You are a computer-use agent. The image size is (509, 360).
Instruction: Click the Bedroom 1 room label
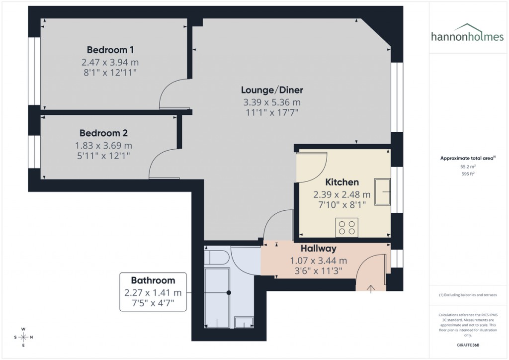[110, 50]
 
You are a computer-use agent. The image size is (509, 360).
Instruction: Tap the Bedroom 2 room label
[103, 133]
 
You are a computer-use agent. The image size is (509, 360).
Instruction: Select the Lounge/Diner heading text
[272, 90]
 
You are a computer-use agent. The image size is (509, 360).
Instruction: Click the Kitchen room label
[341, 182]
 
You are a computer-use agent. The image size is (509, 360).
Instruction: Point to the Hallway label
[318, 248]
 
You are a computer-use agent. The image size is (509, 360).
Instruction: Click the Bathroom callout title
[153, 280]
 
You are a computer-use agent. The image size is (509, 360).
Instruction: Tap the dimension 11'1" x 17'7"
[272, 113]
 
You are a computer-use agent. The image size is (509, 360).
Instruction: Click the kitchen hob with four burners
[346, 227]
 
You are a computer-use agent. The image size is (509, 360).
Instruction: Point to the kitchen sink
[383, 191]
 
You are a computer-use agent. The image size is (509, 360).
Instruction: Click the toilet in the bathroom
[216, 258]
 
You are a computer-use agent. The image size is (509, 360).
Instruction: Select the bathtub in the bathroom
[217, 297]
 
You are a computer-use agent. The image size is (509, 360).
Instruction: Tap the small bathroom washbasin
[244, 323]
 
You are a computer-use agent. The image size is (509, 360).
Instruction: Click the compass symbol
[23, 337]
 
